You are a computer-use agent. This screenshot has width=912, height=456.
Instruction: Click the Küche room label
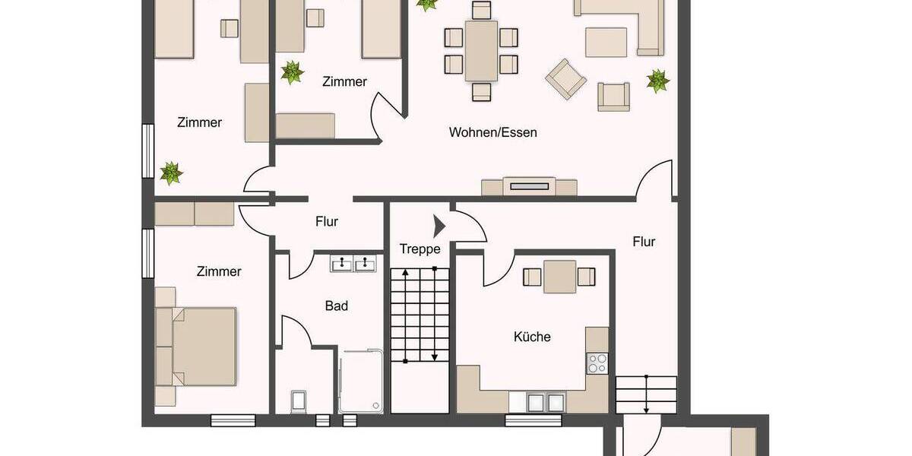coord(532,337)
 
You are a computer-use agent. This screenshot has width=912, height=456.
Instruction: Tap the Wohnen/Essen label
coord(492,132)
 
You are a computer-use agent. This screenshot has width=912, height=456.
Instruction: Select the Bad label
coord(337,306)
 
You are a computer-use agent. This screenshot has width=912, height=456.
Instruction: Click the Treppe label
coord(420,249)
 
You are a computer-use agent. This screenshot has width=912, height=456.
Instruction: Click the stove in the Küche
coord(597,363)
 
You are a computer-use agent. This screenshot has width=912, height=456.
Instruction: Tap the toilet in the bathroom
coord(299,401)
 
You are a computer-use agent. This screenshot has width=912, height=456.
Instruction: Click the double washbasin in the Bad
coord(353,264)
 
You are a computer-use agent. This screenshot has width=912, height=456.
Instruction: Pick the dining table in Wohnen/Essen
coord(481,51)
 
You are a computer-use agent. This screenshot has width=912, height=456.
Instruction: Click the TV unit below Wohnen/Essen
coord(530,186)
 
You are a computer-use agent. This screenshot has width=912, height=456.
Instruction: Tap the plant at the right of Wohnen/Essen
coord(657,80)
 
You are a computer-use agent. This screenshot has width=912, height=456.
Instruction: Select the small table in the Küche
coord(560,277)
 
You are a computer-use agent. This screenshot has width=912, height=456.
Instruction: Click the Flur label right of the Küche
coord(644,242)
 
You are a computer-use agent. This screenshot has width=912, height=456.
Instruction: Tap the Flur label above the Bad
coord(326,222)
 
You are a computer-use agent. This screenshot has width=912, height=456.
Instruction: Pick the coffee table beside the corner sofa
coord(606,41)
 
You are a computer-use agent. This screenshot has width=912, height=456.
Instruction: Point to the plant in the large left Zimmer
coord(171,173)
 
